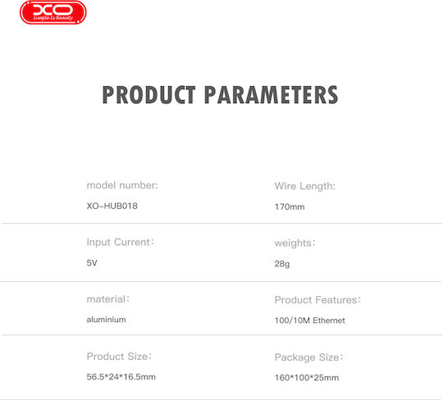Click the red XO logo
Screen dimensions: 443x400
click(53, 12)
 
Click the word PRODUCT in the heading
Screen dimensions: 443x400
click(148, 95)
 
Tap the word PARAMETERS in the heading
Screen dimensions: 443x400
click(272, 95)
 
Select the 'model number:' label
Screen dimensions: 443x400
click(122, 185)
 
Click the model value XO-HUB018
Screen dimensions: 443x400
click(112, 206)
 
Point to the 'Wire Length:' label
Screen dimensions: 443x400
click(305, 186)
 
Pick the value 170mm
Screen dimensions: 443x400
click(290, 207)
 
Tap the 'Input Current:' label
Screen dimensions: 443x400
click(121, 242)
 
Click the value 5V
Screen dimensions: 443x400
click(92, 263)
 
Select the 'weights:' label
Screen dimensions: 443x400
click(295, 243)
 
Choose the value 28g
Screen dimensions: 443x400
click(282, 264)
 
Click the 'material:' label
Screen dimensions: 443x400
click(108, 299)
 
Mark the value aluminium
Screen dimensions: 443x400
click(106, 320)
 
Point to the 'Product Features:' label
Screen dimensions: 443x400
click(317, 300)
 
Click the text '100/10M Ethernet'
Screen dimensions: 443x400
click(310, 320)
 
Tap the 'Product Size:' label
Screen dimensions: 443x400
click(119, 357)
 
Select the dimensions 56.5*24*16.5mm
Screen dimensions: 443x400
click(121, 377)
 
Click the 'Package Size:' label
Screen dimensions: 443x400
click(308, 357)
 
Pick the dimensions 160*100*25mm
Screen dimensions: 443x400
click(307, 378)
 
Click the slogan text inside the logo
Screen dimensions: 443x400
click(53, 18)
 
